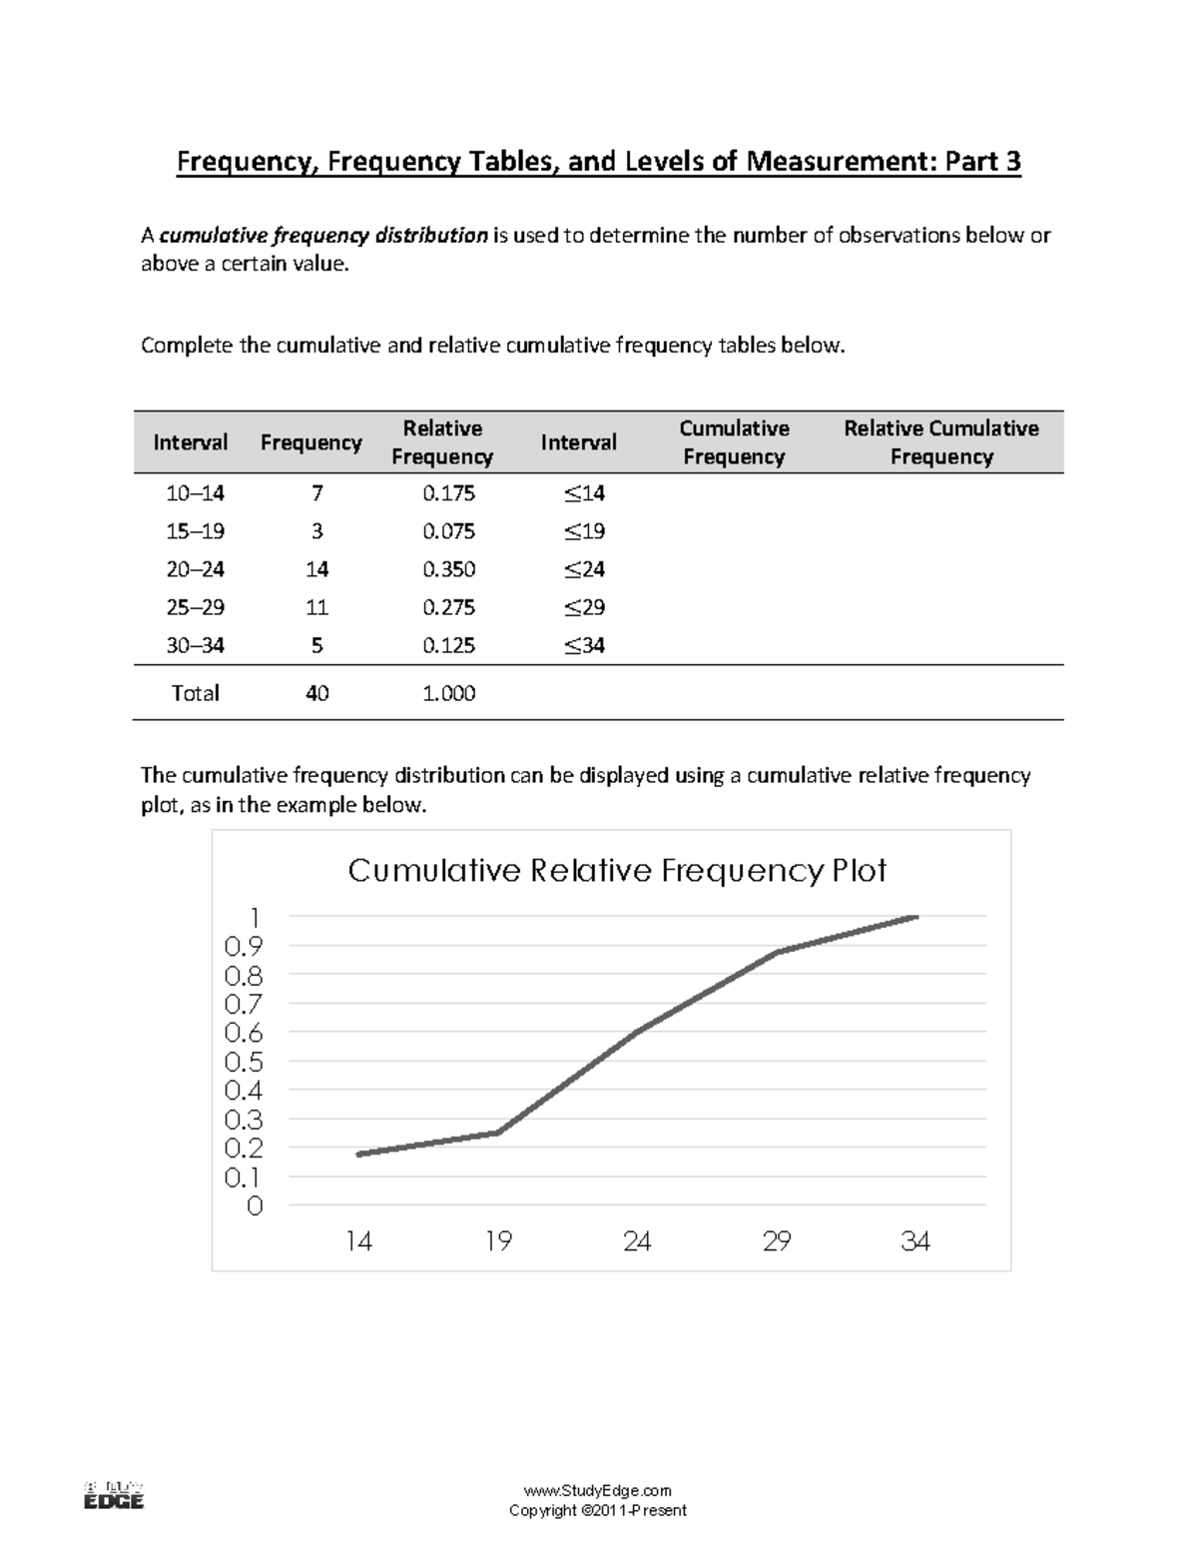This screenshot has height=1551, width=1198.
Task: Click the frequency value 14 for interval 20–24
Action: coord(316,569)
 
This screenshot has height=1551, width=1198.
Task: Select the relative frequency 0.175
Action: coord(448,493)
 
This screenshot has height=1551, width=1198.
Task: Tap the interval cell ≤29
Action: coord(584,607)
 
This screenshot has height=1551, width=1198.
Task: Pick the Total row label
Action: coord(195,693)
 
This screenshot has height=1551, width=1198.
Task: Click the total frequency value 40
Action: coord(316,693)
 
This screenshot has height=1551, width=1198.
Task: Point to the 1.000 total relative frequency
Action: coord(448,693)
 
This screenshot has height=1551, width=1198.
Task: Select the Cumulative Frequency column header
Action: coord(734,442)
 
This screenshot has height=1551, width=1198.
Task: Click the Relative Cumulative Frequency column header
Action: coord(940,442)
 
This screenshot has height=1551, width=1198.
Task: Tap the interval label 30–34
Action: coord(195,645)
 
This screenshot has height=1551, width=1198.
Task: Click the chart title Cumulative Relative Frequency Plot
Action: coord(616,871)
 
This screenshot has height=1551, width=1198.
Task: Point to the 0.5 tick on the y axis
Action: coord(244,1062)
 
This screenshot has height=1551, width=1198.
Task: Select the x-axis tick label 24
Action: coord(637,1241)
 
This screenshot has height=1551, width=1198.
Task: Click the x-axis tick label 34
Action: coord(914,1241)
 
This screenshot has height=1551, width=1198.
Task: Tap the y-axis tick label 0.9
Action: coord(244,946)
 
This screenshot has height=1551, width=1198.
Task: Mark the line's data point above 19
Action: coord(497,1133)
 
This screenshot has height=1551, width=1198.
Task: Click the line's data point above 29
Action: coord(776,952)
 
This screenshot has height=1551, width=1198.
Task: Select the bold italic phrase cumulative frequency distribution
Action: coord(323,236)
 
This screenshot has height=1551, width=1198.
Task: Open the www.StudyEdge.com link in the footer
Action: coord(598,1491)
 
